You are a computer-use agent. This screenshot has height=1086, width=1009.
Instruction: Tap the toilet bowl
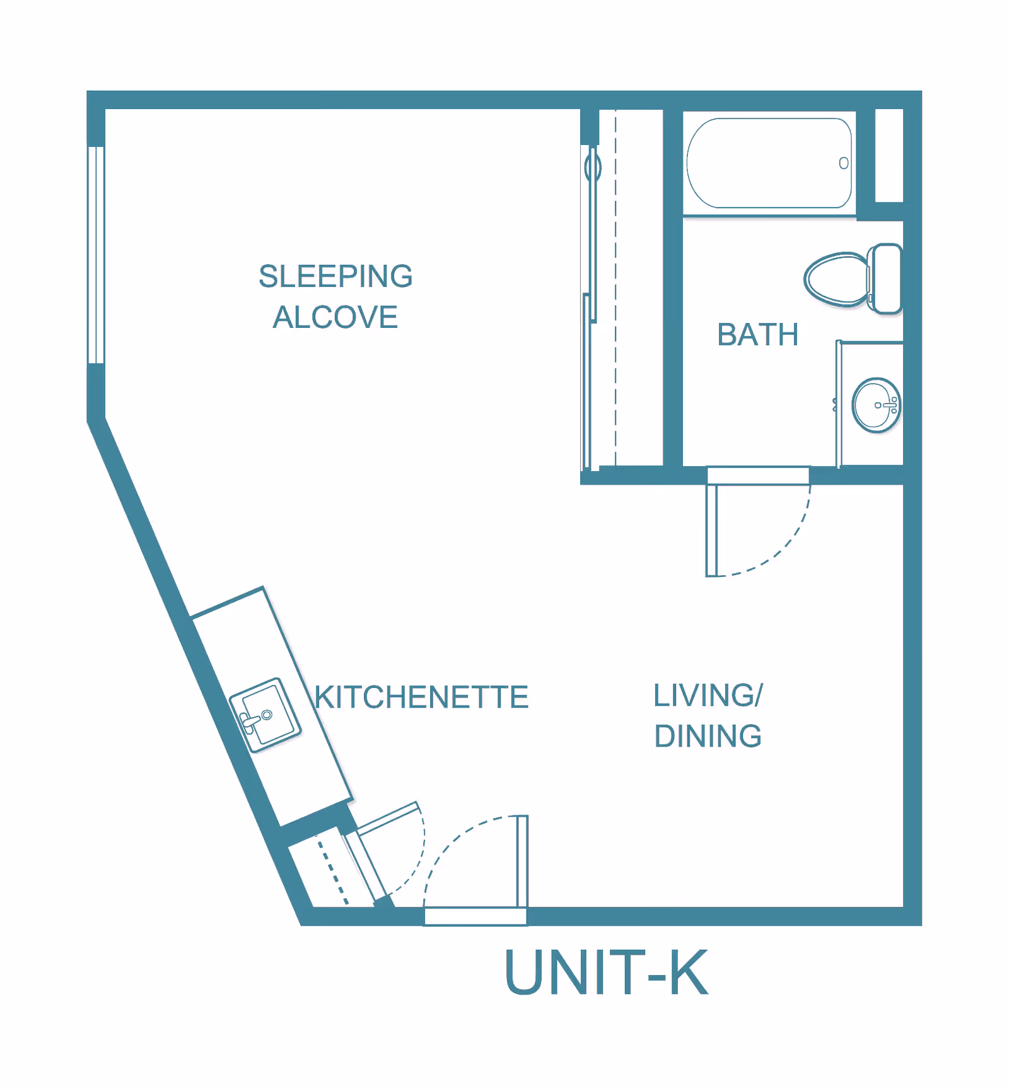(x=834, y=279)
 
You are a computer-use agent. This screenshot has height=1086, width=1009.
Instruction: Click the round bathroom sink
(x=875, y=406)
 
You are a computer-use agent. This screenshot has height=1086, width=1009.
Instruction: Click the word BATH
(x=757, y=335)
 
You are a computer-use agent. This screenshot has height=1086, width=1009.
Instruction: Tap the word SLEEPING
(x=335, y=276)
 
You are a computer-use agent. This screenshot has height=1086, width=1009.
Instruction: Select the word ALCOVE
(x=335, y=317)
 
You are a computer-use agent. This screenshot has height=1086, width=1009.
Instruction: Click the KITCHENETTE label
(x=421, y=698)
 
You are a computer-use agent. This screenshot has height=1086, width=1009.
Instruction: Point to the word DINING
(x=708, y=737)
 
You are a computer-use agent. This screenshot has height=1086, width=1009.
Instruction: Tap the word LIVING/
(x=708, y=696)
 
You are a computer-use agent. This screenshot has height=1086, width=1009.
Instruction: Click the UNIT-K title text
(x=605, y=973)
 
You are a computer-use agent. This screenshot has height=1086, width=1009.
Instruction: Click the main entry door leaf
(x=522, y=861)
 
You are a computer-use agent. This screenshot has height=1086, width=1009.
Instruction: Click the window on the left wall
(x=96, y=255)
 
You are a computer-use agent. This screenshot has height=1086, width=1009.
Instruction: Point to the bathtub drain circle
(x=843, y=163)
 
